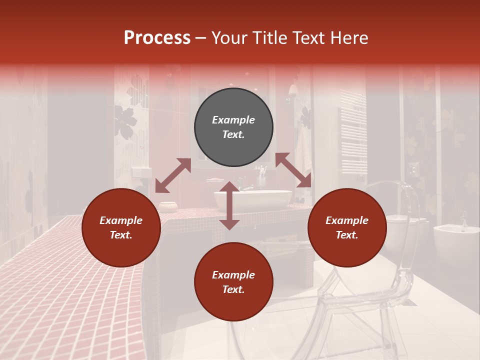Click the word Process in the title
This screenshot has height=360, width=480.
(157, 38)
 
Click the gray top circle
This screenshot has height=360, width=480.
(233, 127)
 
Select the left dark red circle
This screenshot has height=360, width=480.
(121, 227)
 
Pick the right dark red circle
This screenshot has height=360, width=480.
(347, 227)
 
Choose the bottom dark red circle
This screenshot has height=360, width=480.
(233, 282)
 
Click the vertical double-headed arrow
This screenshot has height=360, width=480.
(229, 205)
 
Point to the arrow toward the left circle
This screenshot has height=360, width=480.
(173, 175)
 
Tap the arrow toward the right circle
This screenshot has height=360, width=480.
(293, 170)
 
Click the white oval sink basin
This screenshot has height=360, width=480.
(253, 200)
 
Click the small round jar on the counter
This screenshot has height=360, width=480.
(168, 206)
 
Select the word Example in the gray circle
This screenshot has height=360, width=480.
(233, 120)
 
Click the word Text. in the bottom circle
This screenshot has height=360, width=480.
(233, 289)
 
